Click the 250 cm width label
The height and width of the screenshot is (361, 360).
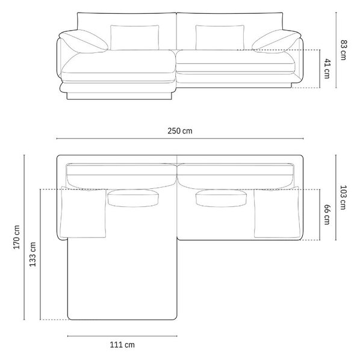click(179, 131)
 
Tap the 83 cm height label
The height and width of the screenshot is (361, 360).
click(343, 50)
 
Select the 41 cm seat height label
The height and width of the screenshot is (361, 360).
click(327, 69)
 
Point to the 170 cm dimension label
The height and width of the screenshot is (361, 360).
click(17, 237)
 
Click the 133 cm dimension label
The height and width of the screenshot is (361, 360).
click(33, 254)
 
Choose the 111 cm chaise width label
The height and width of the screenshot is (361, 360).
click(122, 345)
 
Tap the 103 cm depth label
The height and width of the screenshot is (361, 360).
click(343, 197)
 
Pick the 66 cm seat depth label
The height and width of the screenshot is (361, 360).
click(327, 215)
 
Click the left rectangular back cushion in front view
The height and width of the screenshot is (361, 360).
click(134, 37)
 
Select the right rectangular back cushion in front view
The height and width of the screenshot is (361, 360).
click(220, 37)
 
